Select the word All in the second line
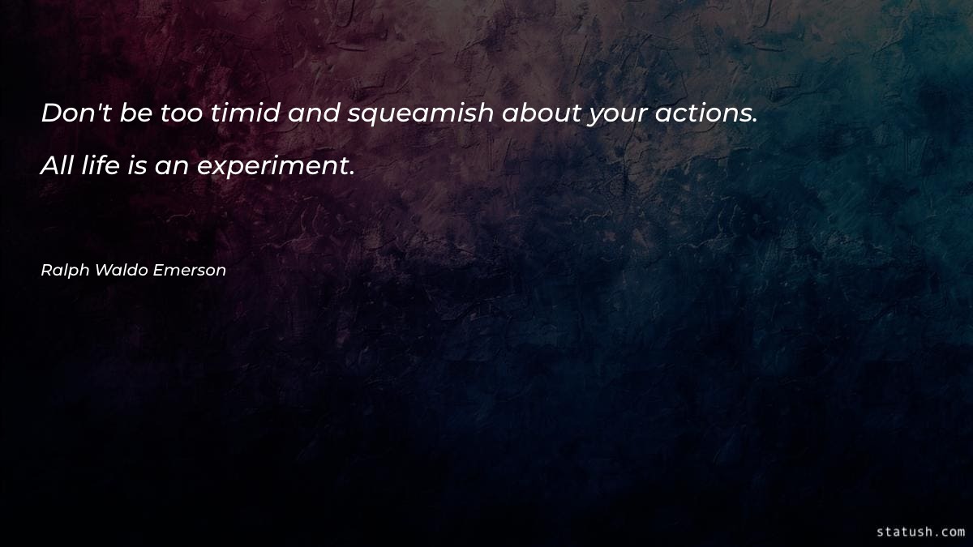58,167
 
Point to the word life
101,167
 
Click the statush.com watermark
920,532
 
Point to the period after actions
754,121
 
